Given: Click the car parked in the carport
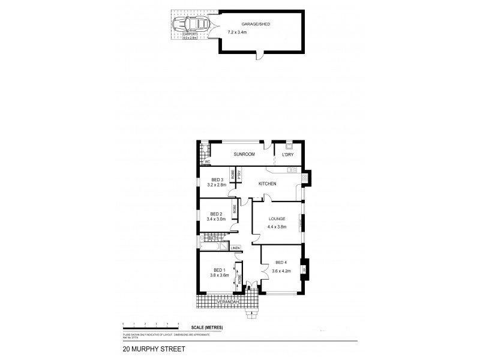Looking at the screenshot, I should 190,26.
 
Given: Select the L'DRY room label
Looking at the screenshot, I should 287,155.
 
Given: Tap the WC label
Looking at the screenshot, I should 206,161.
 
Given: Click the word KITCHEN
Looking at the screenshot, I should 267,183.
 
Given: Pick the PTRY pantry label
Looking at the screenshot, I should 239,175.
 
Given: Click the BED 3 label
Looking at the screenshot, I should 217,179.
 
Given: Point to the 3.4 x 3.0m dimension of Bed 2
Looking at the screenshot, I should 216,220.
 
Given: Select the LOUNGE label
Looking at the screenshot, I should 277,219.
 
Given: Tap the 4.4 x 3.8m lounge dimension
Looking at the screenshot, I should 277,227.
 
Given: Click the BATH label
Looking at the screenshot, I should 212,238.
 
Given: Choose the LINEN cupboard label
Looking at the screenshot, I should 235,247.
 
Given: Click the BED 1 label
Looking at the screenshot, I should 219,270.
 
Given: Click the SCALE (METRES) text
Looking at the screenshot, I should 206,326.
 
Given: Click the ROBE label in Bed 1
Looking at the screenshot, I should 239,278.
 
